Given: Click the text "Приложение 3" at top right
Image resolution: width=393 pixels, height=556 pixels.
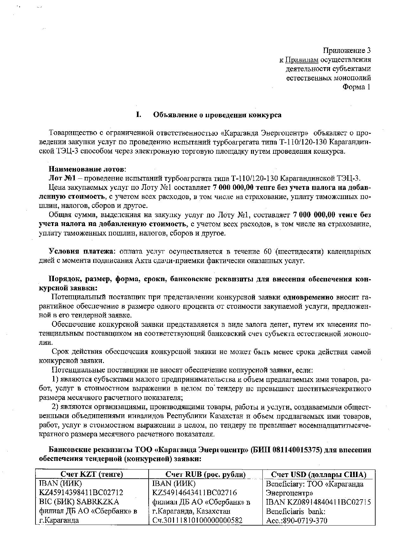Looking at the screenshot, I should click(x=346, y=50).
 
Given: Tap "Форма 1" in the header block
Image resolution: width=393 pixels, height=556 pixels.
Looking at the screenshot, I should click(x=356, y=87).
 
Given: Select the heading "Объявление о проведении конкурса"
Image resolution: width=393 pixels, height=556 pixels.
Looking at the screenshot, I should click(x=217, y=115).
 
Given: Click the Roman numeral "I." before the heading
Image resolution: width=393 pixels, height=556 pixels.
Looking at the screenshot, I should click(x=138, y=115).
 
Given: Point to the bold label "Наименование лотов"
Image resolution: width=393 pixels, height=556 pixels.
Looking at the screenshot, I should click(x=87, y=169).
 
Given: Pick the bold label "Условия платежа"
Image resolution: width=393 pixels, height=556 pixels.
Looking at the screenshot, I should click(x=81, y=252).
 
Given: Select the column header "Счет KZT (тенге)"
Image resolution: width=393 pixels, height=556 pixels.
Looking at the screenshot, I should click(x=92, y=475).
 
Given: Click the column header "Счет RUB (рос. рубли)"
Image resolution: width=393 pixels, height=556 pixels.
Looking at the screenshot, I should click(x=205, y=475).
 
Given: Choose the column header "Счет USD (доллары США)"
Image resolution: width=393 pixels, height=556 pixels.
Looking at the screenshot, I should click(x=319, y=475).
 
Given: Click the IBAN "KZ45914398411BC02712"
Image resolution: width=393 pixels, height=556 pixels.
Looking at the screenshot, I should click(x=81, y=493).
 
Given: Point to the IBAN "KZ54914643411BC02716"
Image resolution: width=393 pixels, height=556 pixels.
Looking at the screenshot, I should click(x=194, y=493).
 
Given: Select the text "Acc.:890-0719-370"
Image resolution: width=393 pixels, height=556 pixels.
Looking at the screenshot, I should click(x=296, y=520).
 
